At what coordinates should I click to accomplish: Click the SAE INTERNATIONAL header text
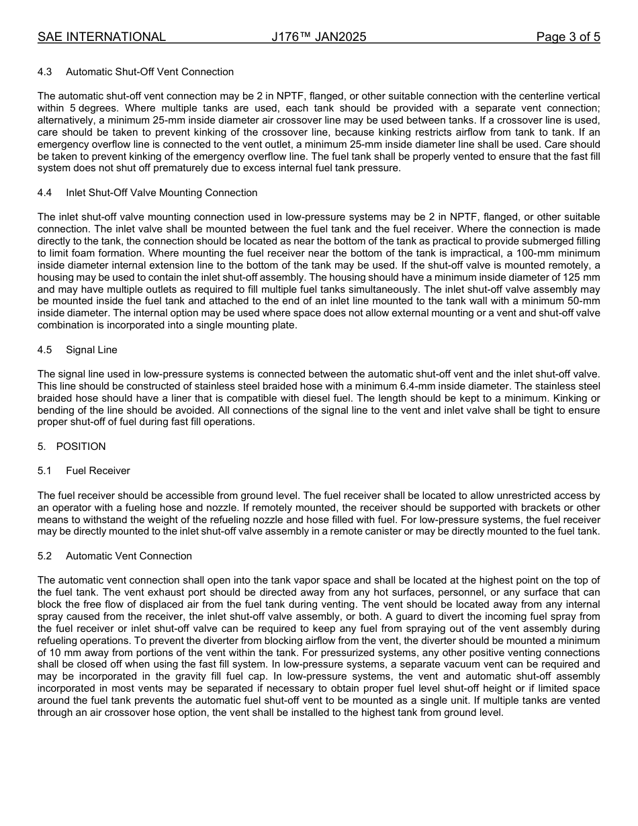(x=101, y=37)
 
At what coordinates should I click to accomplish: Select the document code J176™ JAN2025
(x=319, y=37)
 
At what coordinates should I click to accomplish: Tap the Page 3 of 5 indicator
(x=567, y=37)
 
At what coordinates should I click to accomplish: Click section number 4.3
(x=45, y=72)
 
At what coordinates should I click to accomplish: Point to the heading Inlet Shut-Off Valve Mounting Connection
(x=161, y=193)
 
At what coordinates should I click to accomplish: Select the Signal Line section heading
(x=91, y=350)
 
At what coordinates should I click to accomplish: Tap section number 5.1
(x=45, y=471)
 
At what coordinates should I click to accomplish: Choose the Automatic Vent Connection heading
(x=129, y=556)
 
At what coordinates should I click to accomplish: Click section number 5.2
(x=45, y=556)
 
